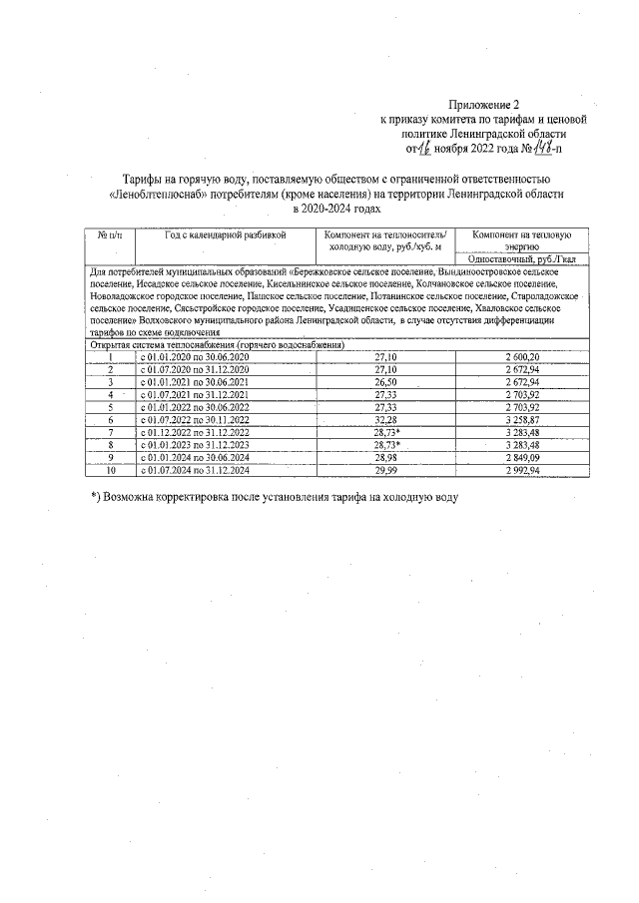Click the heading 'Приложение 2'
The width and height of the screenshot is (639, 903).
(x=485, y=103)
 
